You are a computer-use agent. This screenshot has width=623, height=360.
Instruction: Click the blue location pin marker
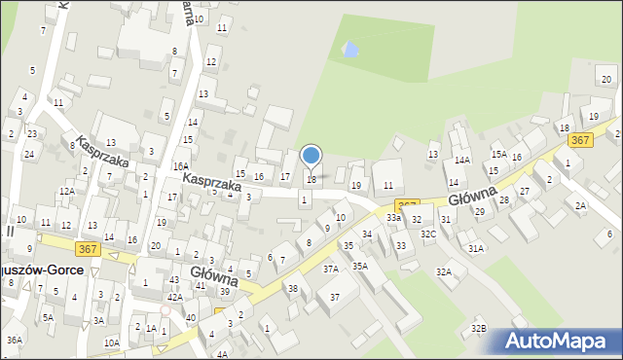(x=311, y=156)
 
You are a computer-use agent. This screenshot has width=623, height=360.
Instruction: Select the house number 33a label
(x=393, y=218)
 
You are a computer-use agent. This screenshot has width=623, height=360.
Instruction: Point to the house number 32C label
(x=428, y=234)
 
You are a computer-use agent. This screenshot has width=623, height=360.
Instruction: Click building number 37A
(x=331, y=269)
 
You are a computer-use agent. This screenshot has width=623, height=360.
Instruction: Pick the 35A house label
(x=360, y=265)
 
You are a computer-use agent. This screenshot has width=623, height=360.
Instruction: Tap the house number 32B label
(x=478, y=329)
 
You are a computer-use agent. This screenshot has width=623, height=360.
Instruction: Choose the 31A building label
(x=475, y=249)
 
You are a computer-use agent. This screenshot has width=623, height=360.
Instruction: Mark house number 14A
(x=461, y=161)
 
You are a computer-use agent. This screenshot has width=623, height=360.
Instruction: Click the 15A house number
(x=498, y=155)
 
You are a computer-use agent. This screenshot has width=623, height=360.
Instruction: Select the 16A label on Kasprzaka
(x=181, y=166)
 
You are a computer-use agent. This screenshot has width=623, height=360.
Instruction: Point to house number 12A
(x=66, y=192)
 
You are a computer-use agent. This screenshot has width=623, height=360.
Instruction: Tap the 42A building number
(x=174, y=298)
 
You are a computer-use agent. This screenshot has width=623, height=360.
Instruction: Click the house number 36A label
(x=14, y=340)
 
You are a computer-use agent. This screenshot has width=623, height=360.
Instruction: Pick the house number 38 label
(x=293, y=288)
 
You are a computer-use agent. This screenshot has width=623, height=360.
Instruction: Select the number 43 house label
(x=175, y=280)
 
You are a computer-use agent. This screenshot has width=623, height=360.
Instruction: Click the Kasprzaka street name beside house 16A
(x=212, y=181)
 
